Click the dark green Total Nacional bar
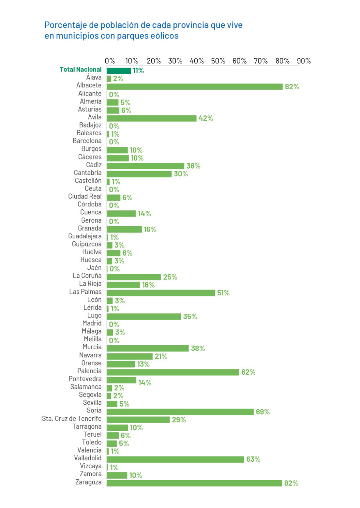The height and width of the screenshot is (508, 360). click(x=119, y=71)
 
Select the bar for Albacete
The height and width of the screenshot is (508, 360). click(x=195, y=87)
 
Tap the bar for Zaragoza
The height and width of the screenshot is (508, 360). click(x=194, y=483)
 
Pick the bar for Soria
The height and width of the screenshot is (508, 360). click(x=180, y=412)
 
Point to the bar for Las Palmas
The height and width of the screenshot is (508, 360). click(x=161, y=293)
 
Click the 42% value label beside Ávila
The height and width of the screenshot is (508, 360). click(x=206, y=118)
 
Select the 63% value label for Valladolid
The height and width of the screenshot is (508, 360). click(x=253, y=459)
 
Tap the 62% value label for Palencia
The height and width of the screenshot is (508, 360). click(x=248, y=372)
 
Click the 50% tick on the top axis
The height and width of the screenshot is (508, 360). click(x=218, y=61)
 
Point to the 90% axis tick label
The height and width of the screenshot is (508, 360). click(x=304, y=61)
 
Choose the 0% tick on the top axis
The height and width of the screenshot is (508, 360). click(x=110, y=61)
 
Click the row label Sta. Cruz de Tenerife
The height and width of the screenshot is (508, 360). click(x=72, y=419)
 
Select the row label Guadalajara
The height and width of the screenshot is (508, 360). click(x=85, y=236)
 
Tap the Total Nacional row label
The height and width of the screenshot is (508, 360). click(x=80, y=69)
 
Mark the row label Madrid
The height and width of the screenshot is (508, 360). click(x=92, y=323)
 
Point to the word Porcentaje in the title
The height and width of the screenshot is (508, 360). click(x=66, y=25)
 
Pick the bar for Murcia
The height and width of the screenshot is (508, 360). click(x=148, y=348)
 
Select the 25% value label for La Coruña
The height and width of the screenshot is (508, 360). click(x=170, y=277)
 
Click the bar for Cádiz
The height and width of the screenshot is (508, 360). click(x=145, y=166)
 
